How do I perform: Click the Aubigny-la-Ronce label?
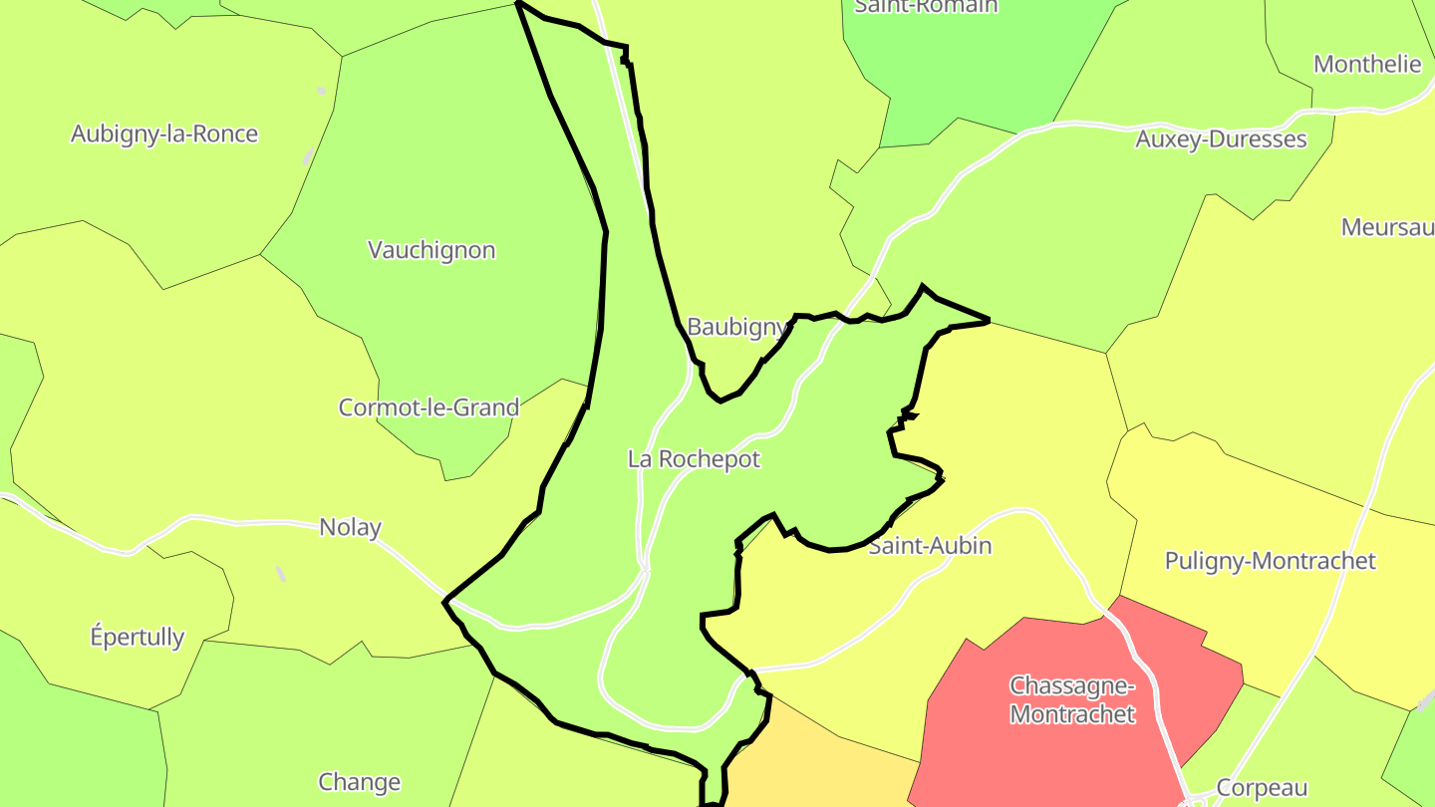pyautogui.click(x=164, y=134)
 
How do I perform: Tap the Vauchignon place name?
pyautogui.click(x=431, y=250)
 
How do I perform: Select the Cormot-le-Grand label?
pyautogui.click(x=429, y=407)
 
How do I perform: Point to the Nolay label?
pyautogui.click(x=350, y=527)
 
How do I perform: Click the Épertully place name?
pyautogui.click(x=138, y=637)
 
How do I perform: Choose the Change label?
pyautogui.click(x=359, y=782)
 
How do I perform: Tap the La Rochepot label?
pyautogui.click(x=694, y=459)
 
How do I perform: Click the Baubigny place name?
pyautogui.click(x=737, y=327)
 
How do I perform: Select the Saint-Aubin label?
pyautogui.click(x=930, y=546)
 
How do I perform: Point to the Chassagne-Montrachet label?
pyautogui.click(x=1071, y=699)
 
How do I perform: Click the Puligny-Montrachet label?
pyautogui.click(x=1270, y=561)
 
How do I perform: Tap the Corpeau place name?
pyautogui.click(x=1262, y=788)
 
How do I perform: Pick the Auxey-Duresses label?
pyautogui.click(x=1221, y=139)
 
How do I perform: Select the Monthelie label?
pyautogui.click(x=1367, y=65)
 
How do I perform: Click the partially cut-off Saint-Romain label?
pyautogui.click(x=926, y=7)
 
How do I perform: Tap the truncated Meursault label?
pyautogui.click(x=1387, y=227)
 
